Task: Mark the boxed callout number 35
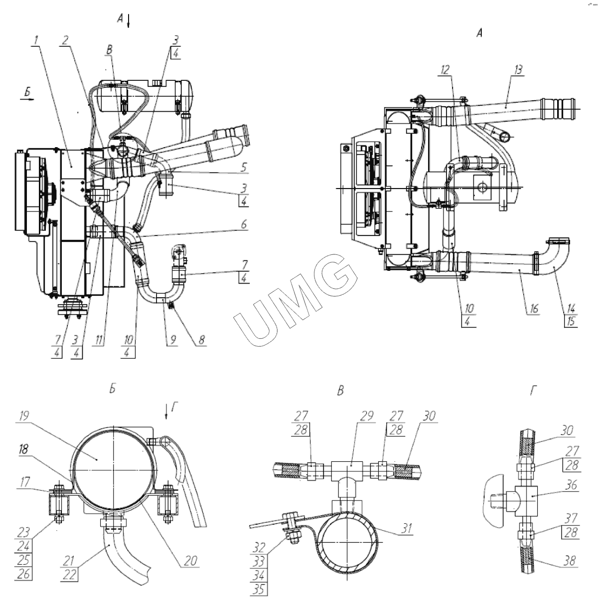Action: click(260, 589)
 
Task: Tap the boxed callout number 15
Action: click(571, 321)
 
